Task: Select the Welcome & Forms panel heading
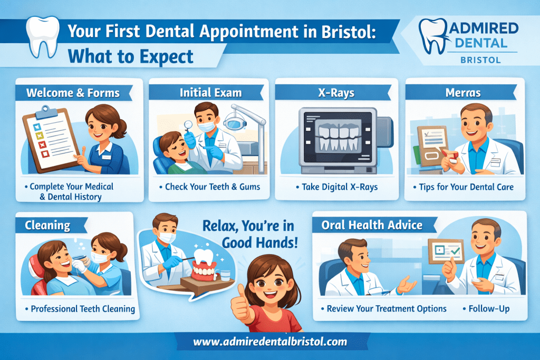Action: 73,94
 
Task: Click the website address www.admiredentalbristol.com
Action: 270,342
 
